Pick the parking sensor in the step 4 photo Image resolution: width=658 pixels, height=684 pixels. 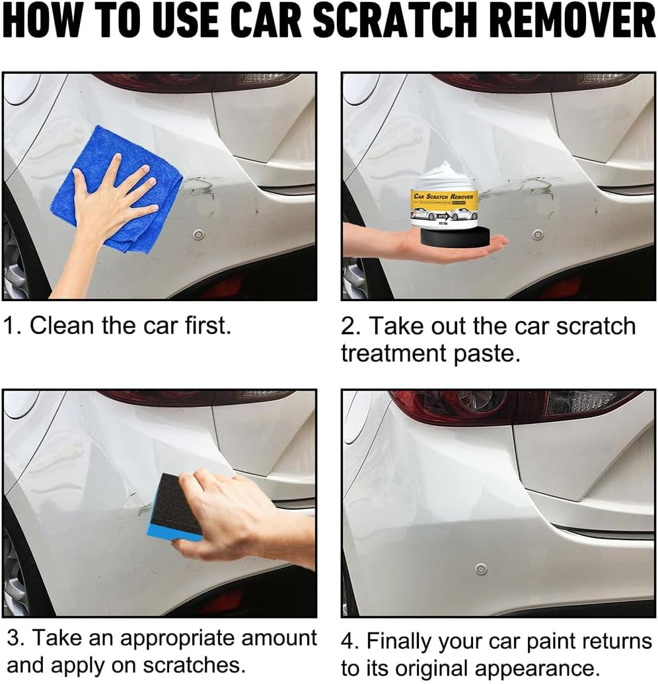tap(481, 568)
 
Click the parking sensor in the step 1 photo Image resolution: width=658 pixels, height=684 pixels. tap(198, 234)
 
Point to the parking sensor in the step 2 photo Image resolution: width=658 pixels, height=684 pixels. tap(538, 234)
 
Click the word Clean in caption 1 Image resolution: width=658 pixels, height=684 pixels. tap(59, 325)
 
